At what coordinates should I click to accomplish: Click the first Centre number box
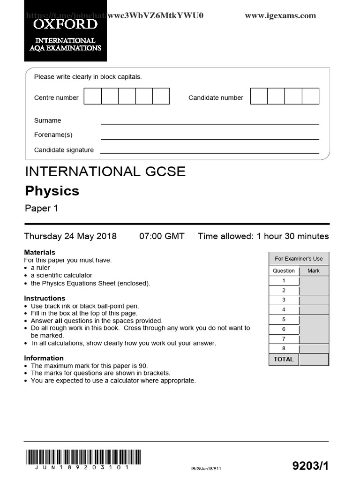[x=92, y=96]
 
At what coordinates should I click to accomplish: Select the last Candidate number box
[x=310, y=96]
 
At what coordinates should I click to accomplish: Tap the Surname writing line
[x=210, y=123]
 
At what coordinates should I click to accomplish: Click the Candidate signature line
[x=210, y=152]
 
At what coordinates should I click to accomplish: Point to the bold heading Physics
[x=52, y=191]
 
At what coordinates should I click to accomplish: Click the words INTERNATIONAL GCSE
[x=105, y=172]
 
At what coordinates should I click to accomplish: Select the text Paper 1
[x=41, y=209]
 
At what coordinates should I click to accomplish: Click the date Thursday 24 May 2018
[x=70, y=236]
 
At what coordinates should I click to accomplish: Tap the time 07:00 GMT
[x=162, y=236]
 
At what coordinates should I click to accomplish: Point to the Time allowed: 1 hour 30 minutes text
[x=263, y=236]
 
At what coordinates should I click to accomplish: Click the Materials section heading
[x=39, y=252]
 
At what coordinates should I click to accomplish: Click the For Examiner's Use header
[x=298, y=258]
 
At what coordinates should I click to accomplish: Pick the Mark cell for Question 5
[x=313, y=319]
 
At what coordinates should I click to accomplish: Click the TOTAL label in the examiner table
[x=284, y=359]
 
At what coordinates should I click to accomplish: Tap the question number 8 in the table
[x=284, y=349]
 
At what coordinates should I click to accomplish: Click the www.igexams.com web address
[x=280, y=15]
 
